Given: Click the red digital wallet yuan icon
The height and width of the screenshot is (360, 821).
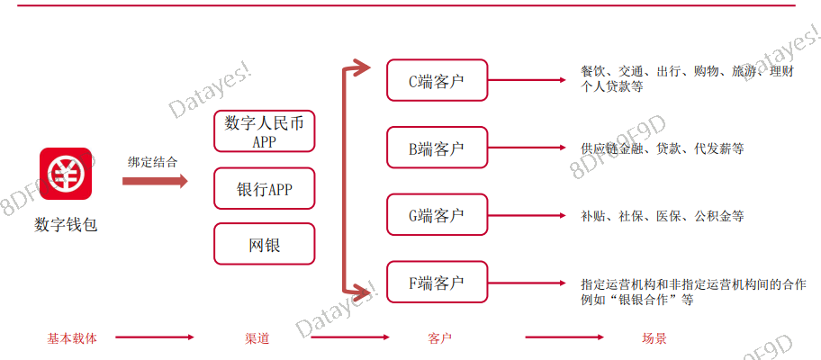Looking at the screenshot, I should (x=65, y=175).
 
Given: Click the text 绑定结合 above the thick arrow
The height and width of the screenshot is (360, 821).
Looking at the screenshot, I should (x=153, y=162).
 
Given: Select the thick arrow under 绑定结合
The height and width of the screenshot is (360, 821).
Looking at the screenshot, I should (x=154, y=181).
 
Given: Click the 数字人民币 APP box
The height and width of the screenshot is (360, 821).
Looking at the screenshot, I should (x=264, y=131).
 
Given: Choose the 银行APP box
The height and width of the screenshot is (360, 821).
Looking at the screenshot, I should (x=264, y=189).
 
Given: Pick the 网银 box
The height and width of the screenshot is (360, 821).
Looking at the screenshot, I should (x=264, y=244).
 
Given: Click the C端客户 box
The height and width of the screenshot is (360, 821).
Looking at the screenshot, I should (x=437, y=81).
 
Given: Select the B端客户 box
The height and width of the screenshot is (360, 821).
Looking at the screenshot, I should (x=437, y=148).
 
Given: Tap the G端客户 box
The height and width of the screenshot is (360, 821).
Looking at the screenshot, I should (x=437, y=215).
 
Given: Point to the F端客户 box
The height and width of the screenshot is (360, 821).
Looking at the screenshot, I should (x=437, y=283).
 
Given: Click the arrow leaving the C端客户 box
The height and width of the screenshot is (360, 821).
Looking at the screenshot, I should (x=529, y=81).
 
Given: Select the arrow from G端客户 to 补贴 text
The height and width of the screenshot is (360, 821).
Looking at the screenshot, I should (x=529, y=216).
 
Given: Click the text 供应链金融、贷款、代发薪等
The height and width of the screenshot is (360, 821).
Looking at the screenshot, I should (x=663, y=148).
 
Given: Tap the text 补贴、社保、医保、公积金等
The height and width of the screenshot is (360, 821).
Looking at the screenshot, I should (x=663, y=216).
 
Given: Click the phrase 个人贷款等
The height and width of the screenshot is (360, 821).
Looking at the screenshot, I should (x=612, y=87).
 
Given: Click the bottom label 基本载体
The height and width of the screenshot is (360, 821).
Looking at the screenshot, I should (x=72, y=338).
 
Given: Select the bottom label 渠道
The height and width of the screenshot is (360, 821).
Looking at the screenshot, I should (x=257, y=338).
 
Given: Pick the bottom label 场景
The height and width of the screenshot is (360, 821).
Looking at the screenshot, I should (x=654, y=338).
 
